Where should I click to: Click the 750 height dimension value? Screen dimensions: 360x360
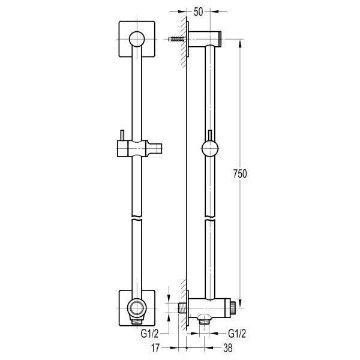(240, 173)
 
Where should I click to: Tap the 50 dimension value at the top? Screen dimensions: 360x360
(199, 12)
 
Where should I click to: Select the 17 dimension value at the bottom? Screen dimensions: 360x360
(155, 348)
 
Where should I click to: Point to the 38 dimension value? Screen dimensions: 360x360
(228, 348)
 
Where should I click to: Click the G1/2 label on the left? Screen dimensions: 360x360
(149, 334)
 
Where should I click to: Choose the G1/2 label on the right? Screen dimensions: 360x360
(237, 334)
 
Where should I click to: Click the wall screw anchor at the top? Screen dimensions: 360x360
(176, 39)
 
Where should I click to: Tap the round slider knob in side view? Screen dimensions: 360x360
(210, 149)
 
